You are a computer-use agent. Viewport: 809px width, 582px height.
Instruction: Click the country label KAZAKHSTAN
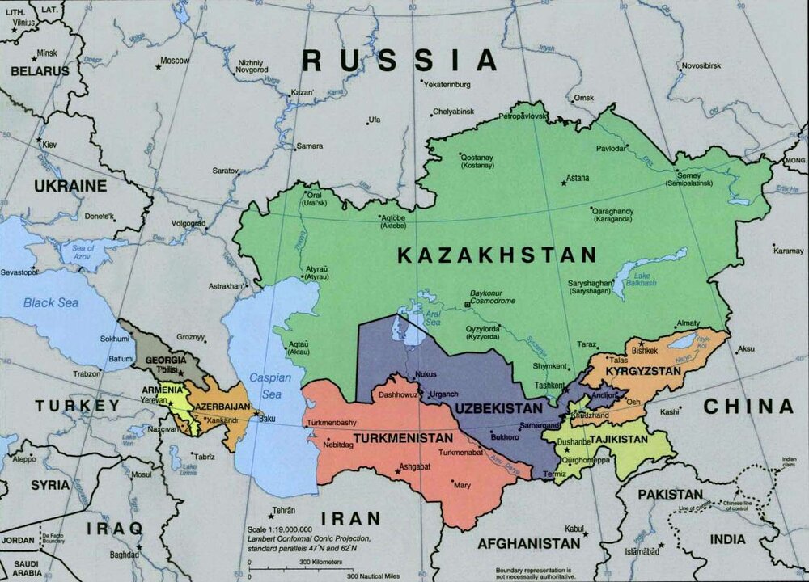coord(497,255)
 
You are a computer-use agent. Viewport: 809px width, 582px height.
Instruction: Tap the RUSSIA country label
coord(400,60)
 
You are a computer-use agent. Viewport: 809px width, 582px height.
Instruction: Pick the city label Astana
coord(578,178)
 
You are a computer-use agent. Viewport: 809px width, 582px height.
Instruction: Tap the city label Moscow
coord(175,61)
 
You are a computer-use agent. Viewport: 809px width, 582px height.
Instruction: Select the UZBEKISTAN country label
coord(498,408)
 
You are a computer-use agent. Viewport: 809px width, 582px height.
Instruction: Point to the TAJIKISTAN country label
coord(618,439)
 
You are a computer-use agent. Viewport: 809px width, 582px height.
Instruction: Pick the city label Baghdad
coord(124,555)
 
